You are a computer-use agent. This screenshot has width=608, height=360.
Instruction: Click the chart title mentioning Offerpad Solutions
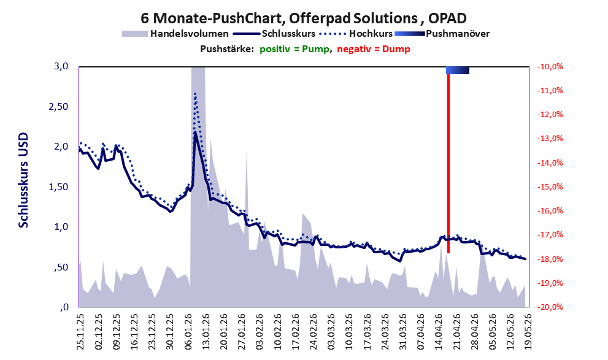click(x=304, y=18)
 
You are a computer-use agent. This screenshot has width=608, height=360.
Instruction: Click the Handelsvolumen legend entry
click(x=175, y=34)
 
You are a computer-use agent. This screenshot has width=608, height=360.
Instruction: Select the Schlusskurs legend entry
click(x=274, y=34)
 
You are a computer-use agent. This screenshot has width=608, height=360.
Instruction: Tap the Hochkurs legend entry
click(x=356, y=34)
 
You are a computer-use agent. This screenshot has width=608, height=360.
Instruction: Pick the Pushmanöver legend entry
click(x=442, y=34)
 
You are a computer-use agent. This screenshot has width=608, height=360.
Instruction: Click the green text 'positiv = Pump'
click(x=294, y=49)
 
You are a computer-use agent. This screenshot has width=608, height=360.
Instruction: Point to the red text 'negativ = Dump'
click(x=374, y=49)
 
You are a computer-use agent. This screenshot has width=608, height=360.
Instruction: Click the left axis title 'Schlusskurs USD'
click(x=23, y=180)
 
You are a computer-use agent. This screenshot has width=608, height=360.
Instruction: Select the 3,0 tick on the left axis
click(x=61, y=66)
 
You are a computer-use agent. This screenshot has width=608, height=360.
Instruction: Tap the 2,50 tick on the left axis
click(x=58, y=106)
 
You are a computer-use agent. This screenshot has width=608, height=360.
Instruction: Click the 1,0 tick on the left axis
click(x=61, y=227)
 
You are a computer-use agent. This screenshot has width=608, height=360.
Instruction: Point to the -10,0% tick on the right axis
click(x=550, y=67)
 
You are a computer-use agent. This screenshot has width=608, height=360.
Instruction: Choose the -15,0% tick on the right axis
click(x=550, y=187)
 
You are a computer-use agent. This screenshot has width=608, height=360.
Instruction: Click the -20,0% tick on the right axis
click(x=550, y=307)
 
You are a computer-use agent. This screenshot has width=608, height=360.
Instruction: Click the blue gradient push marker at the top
click(x=458, y=70)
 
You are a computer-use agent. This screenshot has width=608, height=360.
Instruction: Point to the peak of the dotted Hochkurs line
click(x=195, y=93)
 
